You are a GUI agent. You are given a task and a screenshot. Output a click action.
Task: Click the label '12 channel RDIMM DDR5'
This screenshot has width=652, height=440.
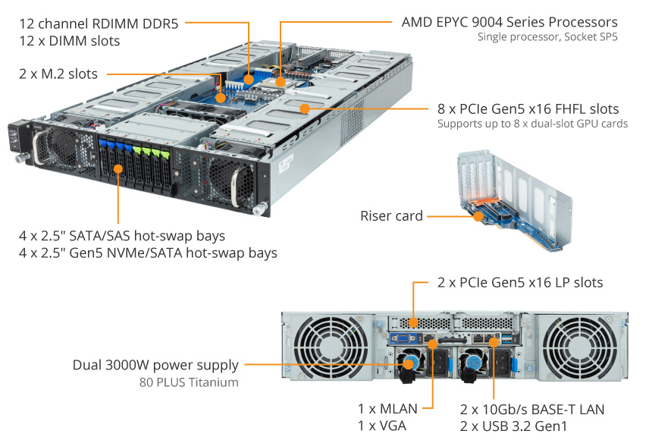pos(99,24)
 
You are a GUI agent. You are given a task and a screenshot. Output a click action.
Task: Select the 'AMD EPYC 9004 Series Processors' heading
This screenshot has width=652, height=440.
pos(509,22)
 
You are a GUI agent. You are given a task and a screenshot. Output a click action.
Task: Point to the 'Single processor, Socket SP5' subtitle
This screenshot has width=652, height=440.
pos(547,36)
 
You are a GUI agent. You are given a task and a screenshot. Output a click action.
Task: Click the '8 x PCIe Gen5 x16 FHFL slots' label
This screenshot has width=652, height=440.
pos(528,108)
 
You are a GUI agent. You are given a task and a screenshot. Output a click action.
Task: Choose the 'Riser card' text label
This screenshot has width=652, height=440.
pos(391,216)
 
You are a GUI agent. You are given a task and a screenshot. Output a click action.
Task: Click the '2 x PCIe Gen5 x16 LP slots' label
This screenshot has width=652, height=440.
pos(520,282)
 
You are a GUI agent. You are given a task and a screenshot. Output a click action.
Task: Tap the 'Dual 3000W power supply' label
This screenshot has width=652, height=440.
pos(155,365)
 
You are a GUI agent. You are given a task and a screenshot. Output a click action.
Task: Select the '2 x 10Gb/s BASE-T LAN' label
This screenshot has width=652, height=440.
pos(532,410)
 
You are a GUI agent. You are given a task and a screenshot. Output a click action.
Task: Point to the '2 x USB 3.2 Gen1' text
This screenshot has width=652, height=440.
pos(515,426)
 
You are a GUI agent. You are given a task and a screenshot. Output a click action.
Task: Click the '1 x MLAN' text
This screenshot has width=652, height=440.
pos(387,410)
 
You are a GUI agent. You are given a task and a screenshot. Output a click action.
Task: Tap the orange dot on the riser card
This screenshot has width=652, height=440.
pos(478,216)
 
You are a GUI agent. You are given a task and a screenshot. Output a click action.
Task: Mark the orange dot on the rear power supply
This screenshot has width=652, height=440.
pos(409,365)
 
